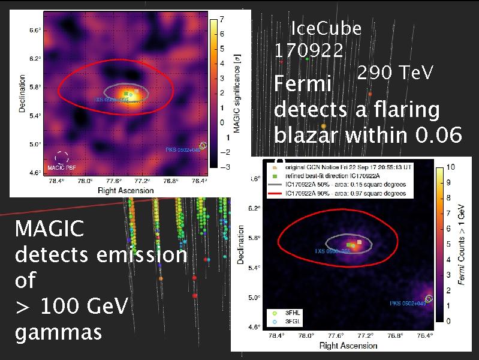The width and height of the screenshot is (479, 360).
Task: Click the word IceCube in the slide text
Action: [326, 29]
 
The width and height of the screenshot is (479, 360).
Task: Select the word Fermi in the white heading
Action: [303, 84]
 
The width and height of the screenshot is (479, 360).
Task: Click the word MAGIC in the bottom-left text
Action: [49, 229]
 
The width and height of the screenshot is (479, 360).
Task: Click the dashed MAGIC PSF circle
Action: [61, 158]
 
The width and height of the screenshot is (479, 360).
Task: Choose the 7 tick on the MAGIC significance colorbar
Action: [222, 19]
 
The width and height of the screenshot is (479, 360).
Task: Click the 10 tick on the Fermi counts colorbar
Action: [452, 166]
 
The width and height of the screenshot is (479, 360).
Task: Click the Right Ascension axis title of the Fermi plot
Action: [348, 346]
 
